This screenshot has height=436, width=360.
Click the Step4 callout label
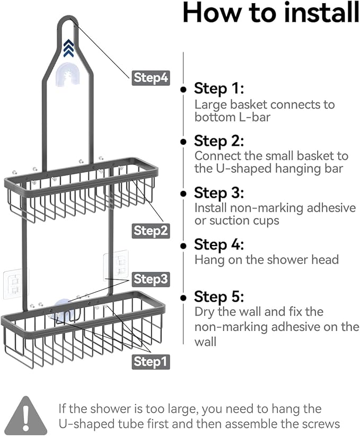151,77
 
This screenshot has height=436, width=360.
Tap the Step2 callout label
151,230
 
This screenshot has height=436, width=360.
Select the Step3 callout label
151,278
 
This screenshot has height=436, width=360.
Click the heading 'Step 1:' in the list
218,88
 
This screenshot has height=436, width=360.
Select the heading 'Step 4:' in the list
218,245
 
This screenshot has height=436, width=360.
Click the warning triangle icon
26,415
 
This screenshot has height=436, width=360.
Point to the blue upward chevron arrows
68,48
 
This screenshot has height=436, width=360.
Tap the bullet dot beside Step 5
183,297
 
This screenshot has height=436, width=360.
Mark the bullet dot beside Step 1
183,89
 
